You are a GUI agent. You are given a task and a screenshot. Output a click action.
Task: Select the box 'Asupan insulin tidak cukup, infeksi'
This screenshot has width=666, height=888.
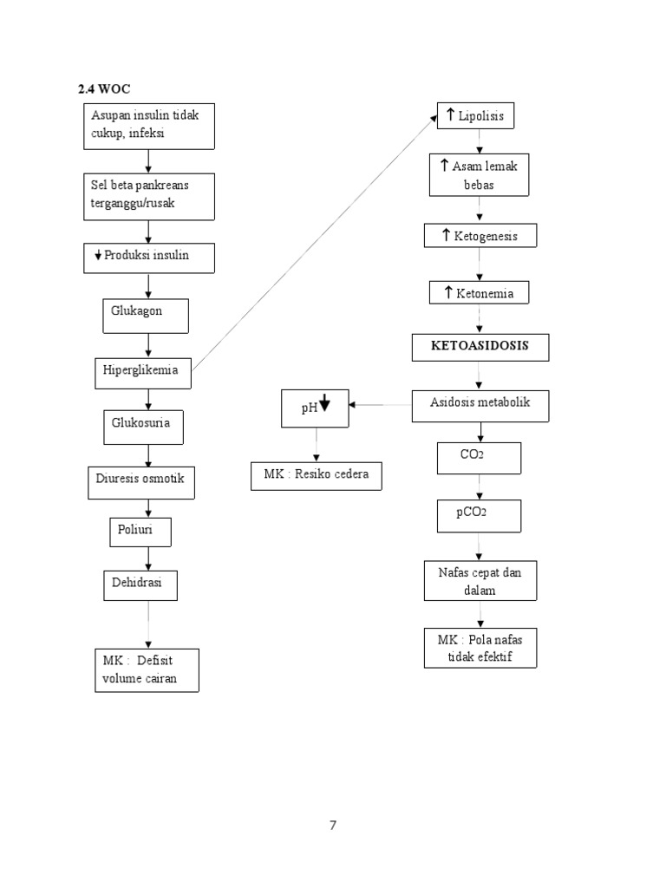point(150,126)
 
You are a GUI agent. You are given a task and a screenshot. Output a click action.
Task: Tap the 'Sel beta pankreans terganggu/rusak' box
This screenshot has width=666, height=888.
point(150,196)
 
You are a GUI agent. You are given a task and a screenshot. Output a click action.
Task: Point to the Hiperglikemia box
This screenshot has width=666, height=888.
point(143,372)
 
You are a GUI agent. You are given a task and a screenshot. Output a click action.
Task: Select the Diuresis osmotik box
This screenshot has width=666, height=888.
point(141,481)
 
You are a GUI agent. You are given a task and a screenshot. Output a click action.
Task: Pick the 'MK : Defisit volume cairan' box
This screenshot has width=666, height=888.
point(147,669)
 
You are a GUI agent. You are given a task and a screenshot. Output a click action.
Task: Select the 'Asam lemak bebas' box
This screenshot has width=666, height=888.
point(479,175)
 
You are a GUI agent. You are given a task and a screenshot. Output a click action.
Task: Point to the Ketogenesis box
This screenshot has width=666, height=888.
point(480,235)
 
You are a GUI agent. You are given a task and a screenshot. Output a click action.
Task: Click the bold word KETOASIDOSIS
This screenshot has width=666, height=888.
point(480,346)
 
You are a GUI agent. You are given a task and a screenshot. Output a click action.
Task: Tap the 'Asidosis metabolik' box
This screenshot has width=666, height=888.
point(480,405)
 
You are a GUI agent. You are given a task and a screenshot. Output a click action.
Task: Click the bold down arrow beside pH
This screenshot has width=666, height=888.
point(325,403)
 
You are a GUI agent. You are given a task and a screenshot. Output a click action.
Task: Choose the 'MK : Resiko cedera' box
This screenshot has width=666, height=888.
point(316,476)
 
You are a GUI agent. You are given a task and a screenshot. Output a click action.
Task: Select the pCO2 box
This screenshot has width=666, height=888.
point(479,514)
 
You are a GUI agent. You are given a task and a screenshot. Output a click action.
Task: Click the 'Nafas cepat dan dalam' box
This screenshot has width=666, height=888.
point(480,581)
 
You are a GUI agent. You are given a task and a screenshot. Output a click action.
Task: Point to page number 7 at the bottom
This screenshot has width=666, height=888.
point(332,826)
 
